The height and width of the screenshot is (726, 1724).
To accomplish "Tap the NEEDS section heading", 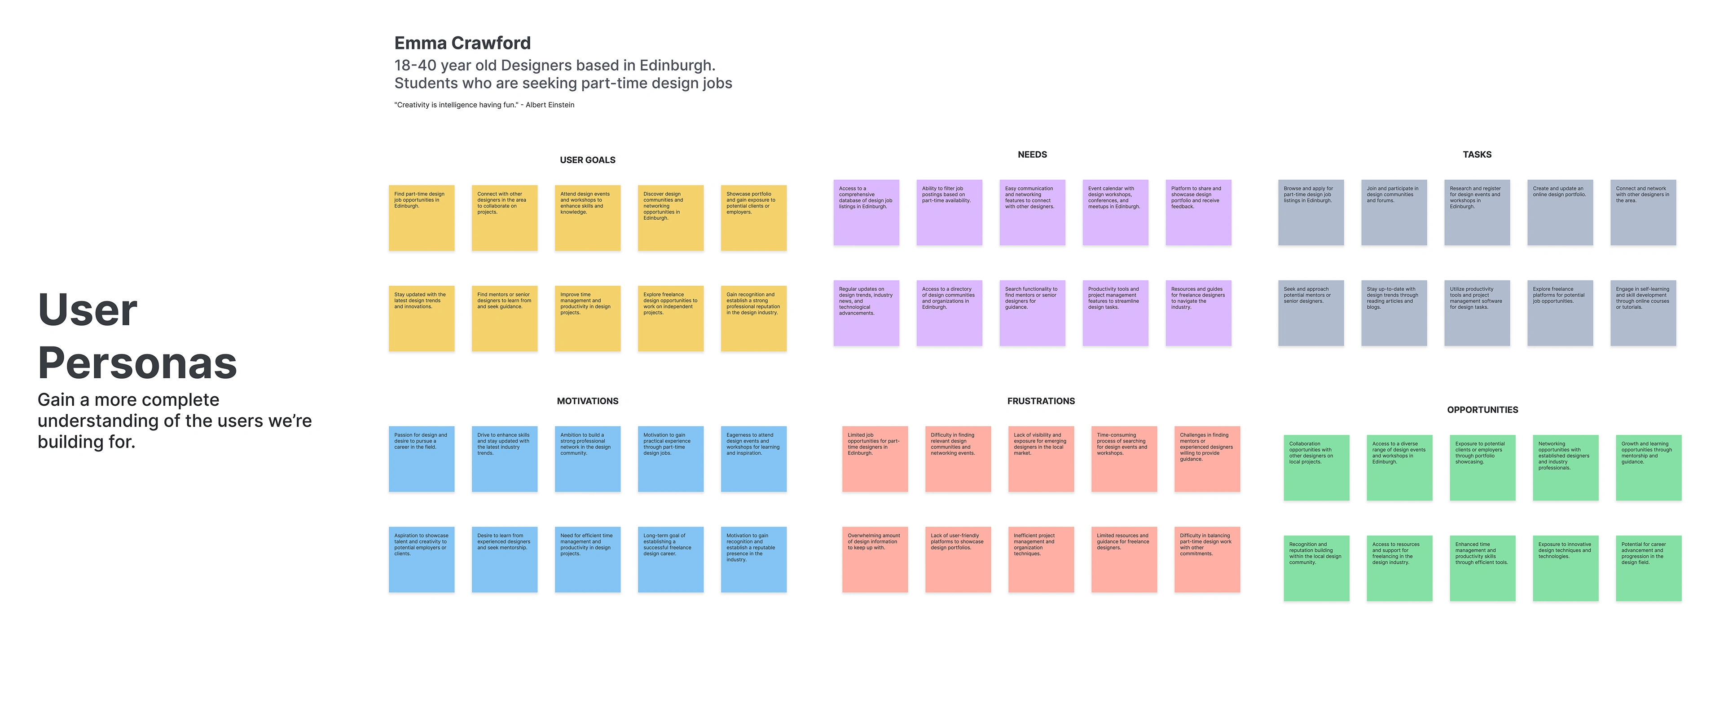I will [1032, 155].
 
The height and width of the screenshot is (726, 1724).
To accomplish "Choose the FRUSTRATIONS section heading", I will [1041, 401].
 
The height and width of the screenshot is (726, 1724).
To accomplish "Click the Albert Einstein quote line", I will [484, 105].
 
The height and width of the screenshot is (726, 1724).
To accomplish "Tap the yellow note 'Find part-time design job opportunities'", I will [421, 218].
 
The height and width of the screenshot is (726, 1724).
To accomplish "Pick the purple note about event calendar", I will [1115, 212].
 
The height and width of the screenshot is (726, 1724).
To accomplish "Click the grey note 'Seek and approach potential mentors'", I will [1311, 313].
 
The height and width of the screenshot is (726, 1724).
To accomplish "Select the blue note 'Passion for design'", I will [421, 459].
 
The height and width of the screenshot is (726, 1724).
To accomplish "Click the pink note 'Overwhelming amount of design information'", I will [875, 559].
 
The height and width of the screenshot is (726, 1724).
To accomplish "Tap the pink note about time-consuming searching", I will [1124, 459].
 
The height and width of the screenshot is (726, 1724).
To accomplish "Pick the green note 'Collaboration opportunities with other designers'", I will [1316, 468].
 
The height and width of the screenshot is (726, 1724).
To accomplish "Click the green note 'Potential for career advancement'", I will [1648, 568].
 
